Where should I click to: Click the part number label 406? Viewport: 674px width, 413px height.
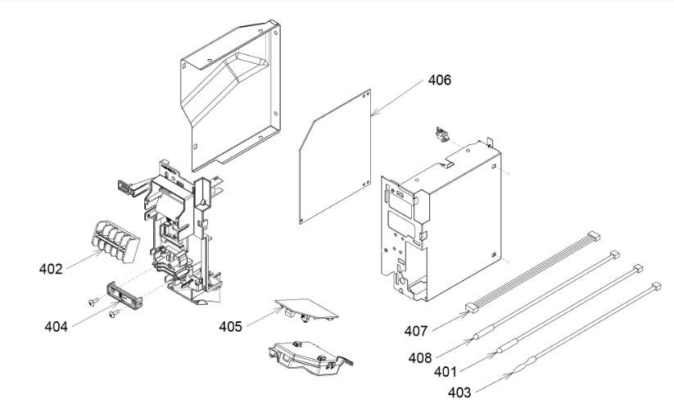439,80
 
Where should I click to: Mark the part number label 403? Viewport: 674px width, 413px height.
460,393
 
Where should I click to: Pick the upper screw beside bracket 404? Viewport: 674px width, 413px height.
91,302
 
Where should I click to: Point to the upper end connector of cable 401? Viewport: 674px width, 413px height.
635,268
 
